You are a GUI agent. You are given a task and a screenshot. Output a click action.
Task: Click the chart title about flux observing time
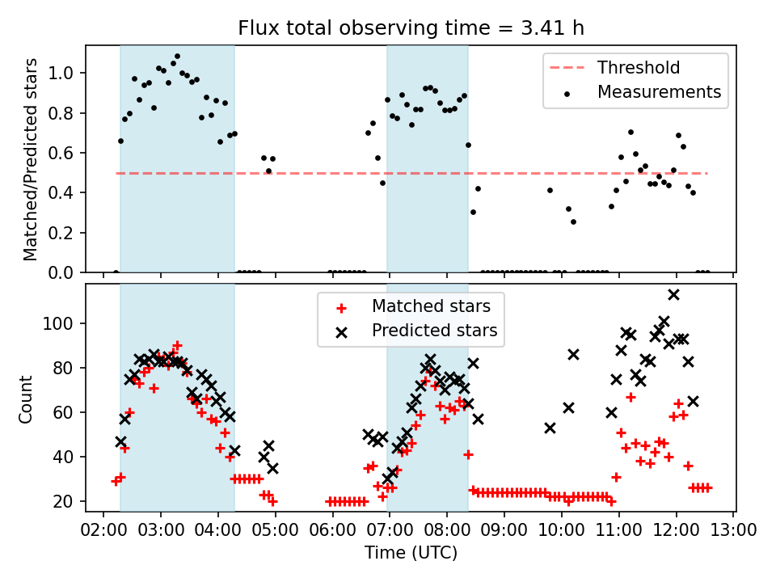[x=411, y=29]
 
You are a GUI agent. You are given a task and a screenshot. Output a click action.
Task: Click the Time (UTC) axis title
[x=411, y=553]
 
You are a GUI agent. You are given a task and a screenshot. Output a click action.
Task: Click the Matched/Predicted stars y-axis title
[x=31, y=159]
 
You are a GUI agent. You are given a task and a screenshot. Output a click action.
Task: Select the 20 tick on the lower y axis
[x=65, y=502]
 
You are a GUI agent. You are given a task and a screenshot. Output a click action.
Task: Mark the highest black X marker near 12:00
[x=673, y=294]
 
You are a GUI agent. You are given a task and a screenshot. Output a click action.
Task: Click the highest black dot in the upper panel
[x=177, y=57]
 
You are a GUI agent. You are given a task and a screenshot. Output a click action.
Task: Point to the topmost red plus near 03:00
[x=177, y=345]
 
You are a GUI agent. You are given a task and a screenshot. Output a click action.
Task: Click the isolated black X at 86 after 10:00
[x=573, y=354]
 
